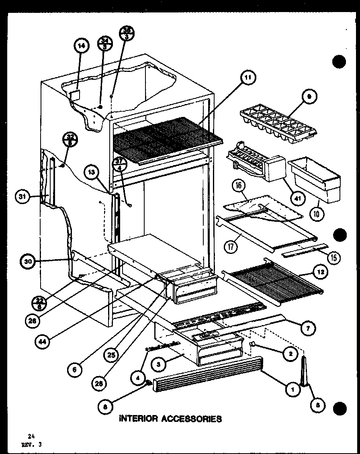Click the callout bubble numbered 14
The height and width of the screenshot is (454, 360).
(81, 46)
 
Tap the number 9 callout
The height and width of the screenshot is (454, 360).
(309, 96)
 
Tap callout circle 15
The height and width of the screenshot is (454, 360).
(333, 258)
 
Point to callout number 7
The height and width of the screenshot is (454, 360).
(309, 328)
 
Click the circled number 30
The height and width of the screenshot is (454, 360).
(28, 262)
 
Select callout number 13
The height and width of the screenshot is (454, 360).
(93, 172)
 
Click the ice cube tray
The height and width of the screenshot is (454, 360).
(278, 122)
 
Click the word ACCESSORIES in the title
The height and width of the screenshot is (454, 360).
(192, 419)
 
